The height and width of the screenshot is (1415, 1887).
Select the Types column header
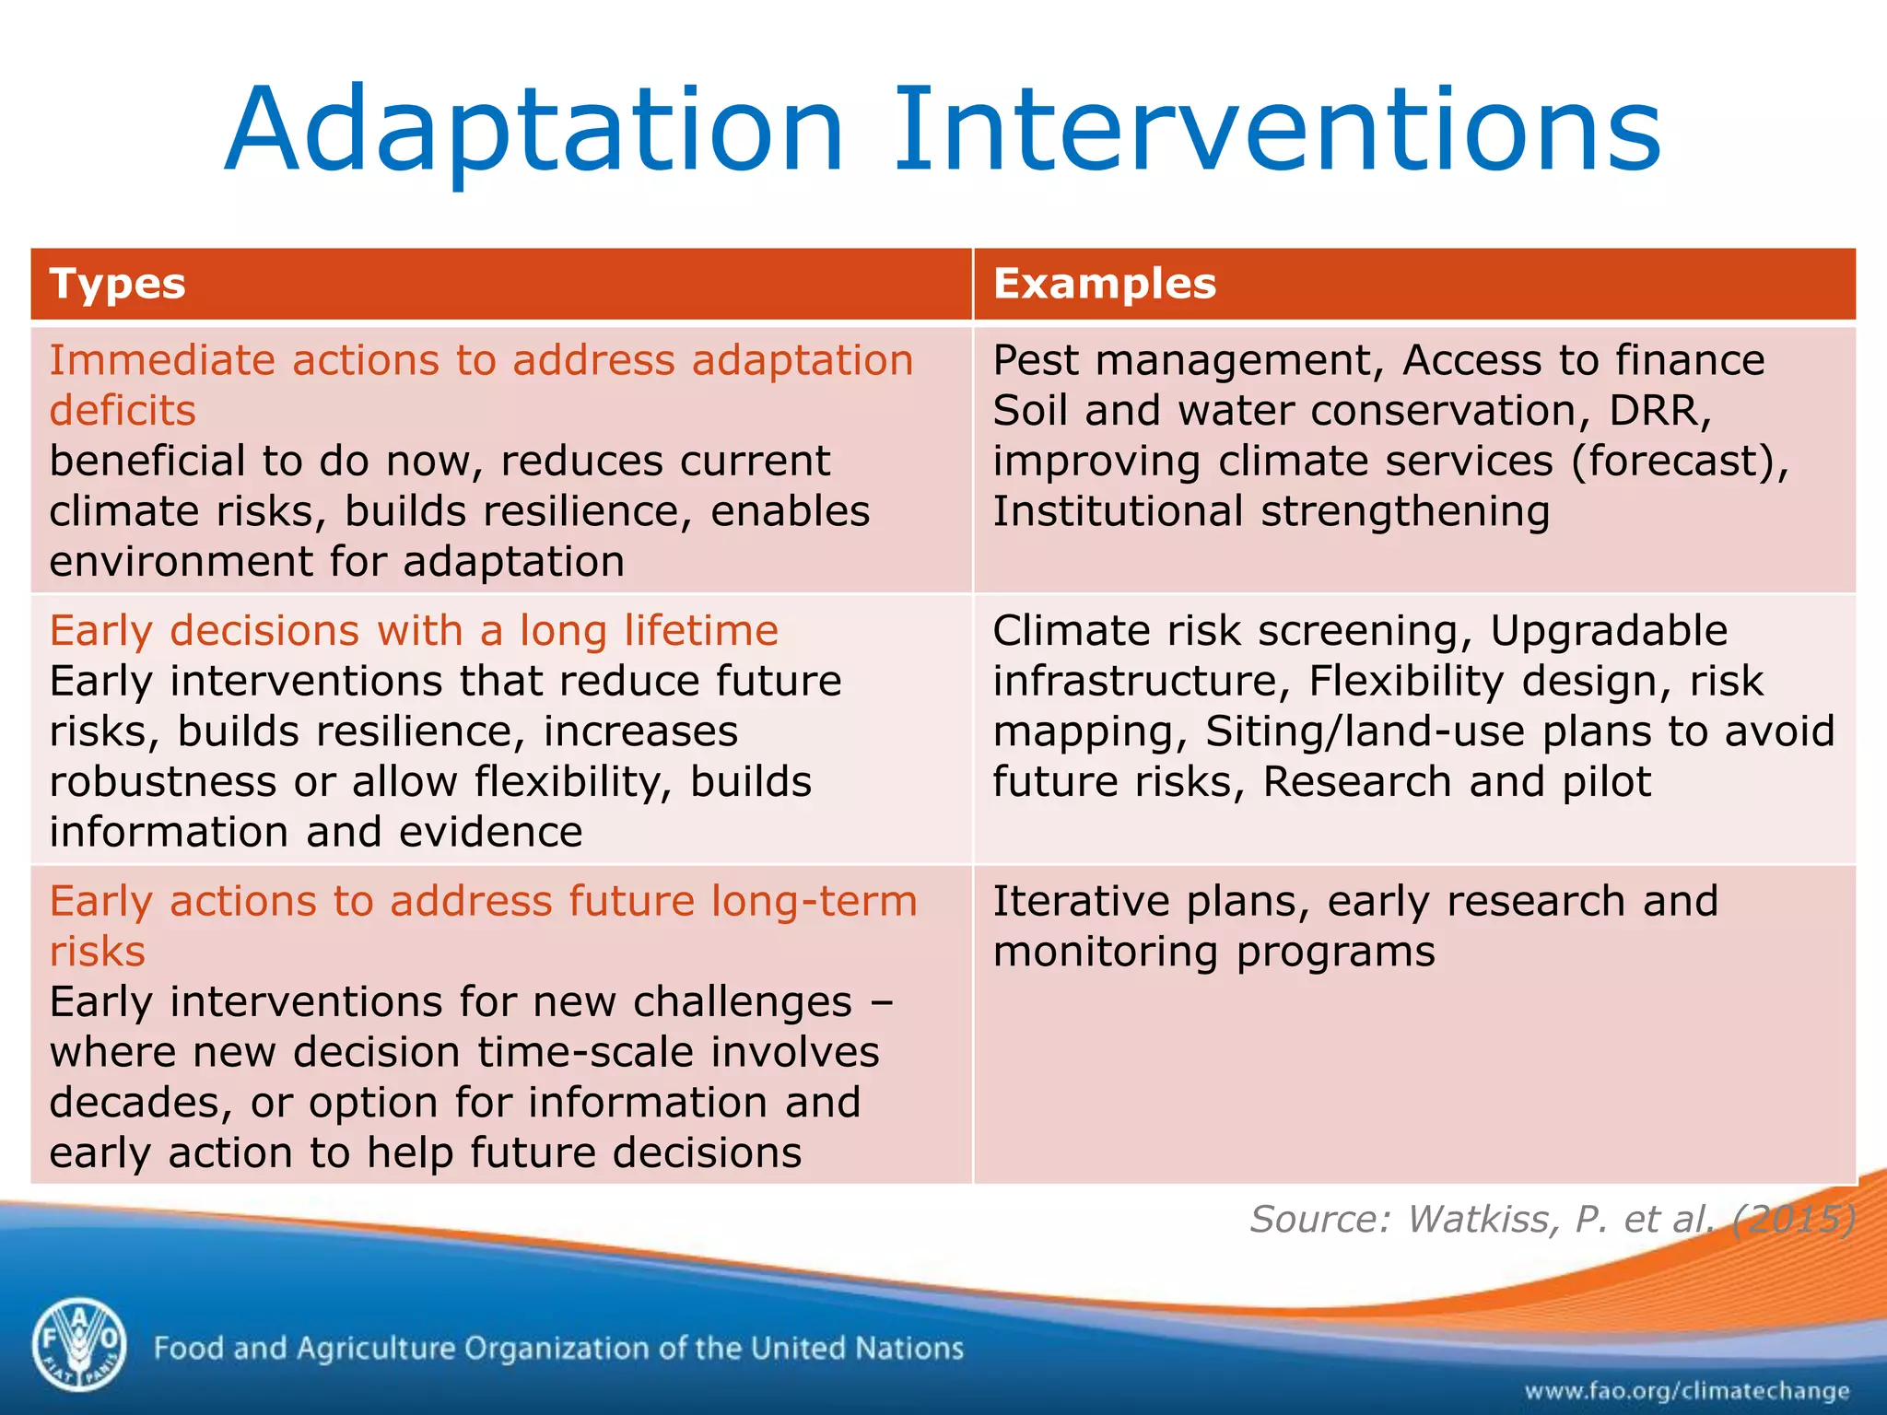[118, 284]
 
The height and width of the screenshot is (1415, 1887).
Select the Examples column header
[1105, 284]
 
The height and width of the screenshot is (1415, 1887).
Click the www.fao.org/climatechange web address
[1686, 1390]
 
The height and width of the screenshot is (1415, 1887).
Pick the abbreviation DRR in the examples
[1659, 410]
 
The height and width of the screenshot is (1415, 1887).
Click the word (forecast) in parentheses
[1679, 461]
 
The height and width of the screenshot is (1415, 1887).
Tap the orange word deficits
[123, 410]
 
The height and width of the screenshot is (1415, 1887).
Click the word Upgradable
[1608, 631]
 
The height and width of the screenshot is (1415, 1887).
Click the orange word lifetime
[700, 631]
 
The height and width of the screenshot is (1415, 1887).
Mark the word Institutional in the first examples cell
[1118, 511]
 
